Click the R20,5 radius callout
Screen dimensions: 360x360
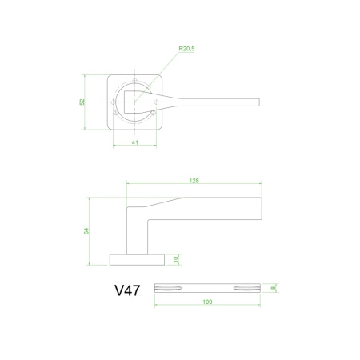pos(186,49)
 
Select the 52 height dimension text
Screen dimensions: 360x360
pos(82,102)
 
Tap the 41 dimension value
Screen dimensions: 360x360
pos(135,142)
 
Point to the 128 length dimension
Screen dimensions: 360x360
pos(194,181)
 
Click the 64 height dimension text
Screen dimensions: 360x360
pos(86,231)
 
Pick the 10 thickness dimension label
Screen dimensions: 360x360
pos(176,259)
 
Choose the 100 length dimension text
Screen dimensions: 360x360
pos(207,302)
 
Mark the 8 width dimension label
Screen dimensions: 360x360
pos(273,288)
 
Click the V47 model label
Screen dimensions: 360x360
pos(127,290)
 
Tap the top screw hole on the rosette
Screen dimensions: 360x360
pos(135,81)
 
